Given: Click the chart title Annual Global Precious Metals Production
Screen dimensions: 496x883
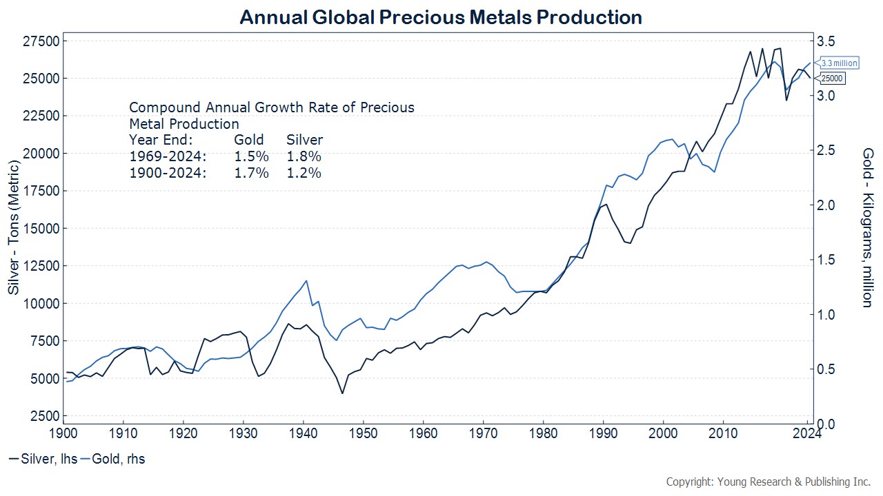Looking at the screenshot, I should tap(441, 17).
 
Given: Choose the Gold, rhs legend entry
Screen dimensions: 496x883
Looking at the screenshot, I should tap(115, 459).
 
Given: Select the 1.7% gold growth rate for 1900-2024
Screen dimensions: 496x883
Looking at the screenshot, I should tap(252, 174).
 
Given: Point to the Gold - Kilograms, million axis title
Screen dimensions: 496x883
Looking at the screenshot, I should tap(867, 227).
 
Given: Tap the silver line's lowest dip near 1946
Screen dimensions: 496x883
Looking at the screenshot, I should tap(341, 393).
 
